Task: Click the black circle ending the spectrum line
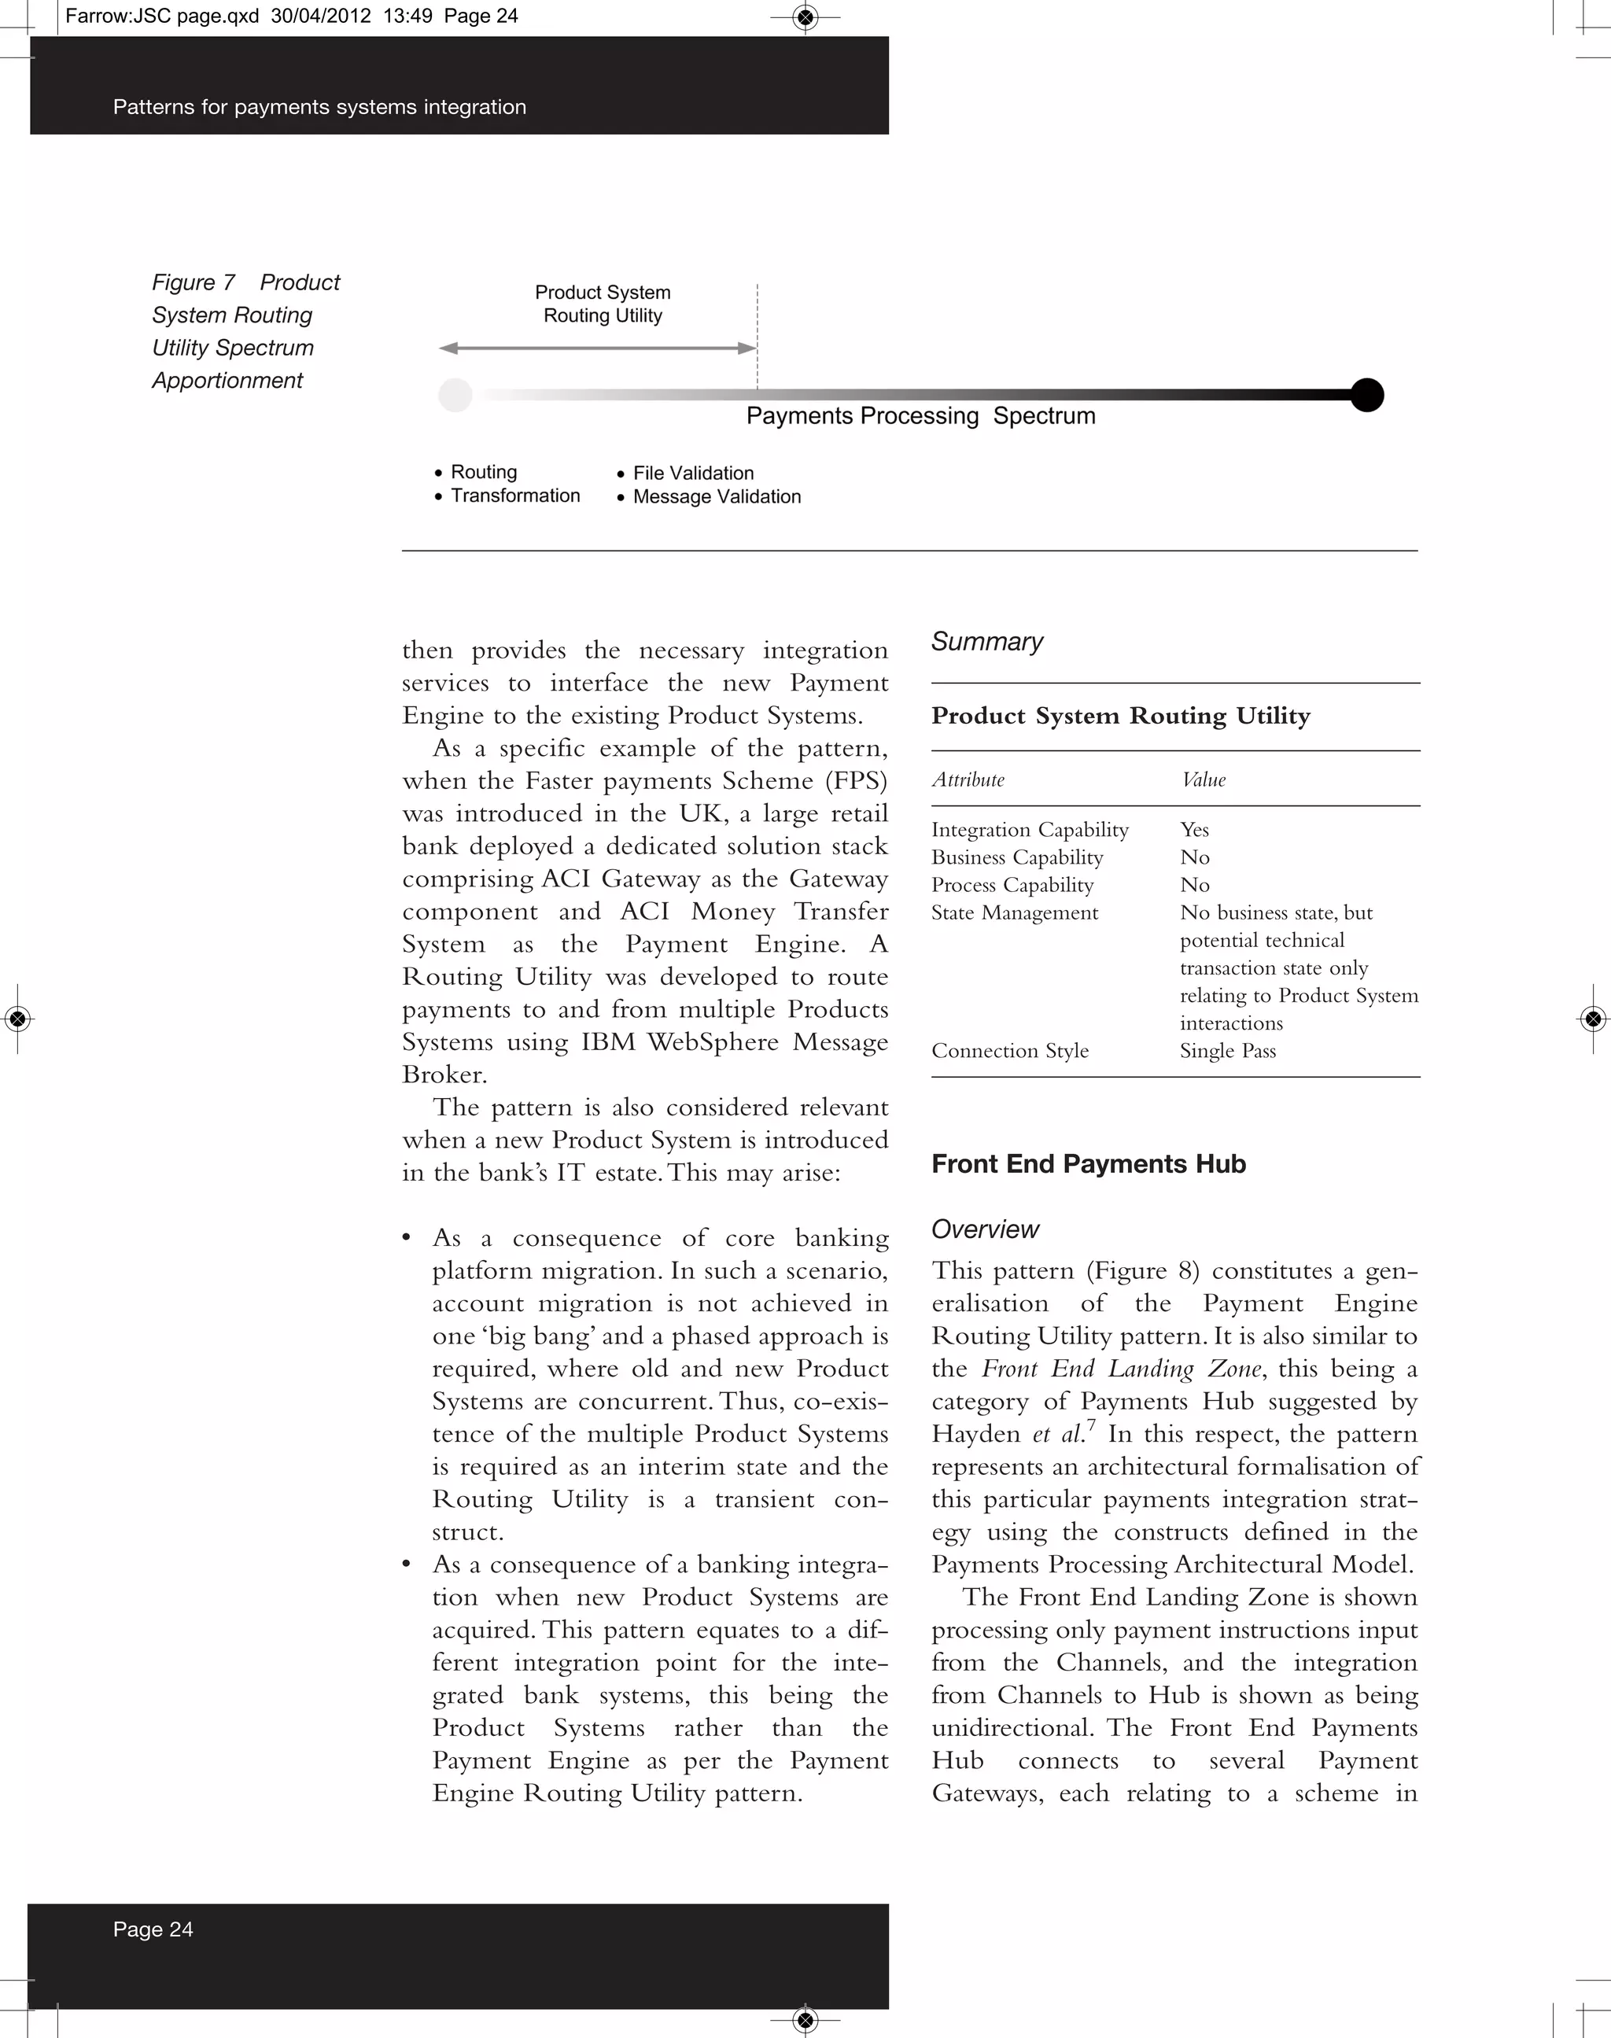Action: point(1366,394)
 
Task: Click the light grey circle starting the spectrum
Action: point(455,395)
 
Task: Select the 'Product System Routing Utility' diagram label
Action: point(603,304)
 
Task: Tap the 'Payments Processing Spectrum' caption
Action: point(920,416)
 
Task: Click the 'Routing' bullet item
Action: point(483,471)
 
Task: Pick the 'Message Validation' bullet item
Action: point(716,496)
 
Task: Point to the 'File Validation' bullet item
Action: point(692,473)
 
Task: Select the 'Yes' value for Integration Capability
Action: point(1194,829)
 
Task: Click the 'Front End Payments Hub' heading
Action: point(1089,1164)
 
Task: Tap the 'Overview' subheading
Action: point(985,1229)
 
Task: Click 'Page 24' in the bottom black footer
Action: point(153,1929)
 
